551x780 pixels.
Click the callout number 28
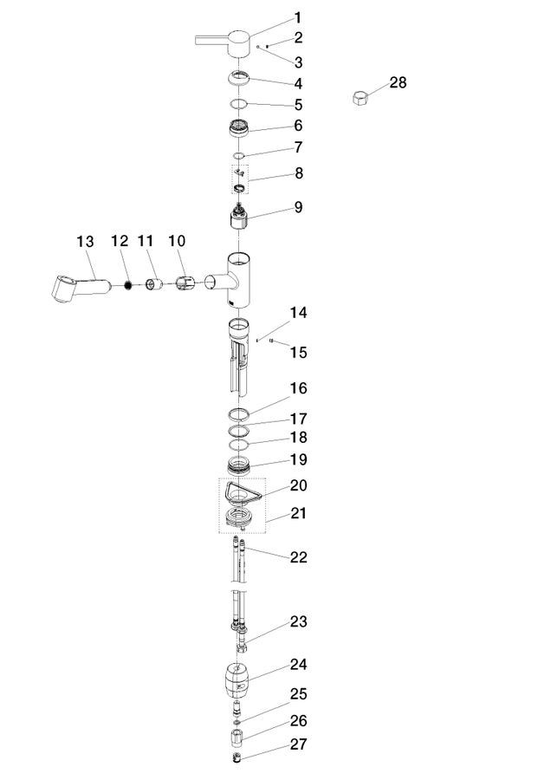(398, 82)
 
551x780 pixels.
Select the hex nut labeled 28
(360, 97)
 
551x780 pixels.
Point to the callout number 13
(85, 242)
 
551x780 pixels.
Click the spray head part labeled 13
(80, 288)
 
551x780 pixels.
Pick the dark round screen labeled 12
(128, 285)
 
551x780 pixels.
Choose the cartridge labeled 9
(239, 218)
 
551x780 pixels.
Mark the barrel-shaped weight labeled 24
(237, 681)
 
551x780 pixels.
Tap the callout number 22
(298, 557)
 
